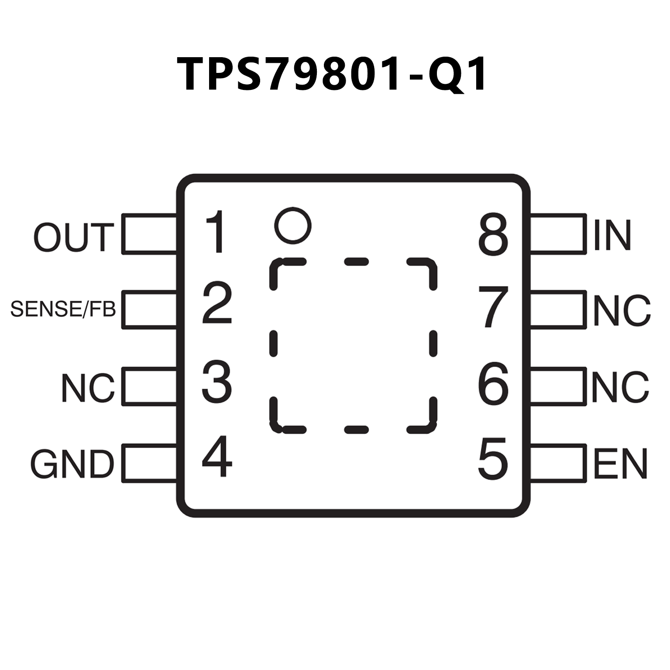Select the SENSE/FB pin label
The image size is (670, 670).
coord(63,309)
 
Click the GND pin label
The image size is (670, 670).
coord(72,464)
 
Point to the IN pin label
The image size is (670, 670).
coord(612,235)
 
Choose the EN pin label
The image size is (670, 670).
coord(620,464)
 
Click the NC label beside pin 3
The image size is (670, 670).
coord(88,388)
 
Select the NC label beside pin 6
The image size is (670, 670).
coord(620,387)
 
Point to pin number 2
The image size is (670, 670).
coord(217,304)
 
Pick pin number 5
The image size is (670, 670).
coord(493,458)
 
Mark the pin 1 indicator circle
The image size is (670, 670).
coord(293,225)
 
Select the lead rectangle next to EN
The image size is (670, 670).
coord(558,463)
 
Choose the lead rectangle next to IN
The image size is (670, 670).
coord(558,234)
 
